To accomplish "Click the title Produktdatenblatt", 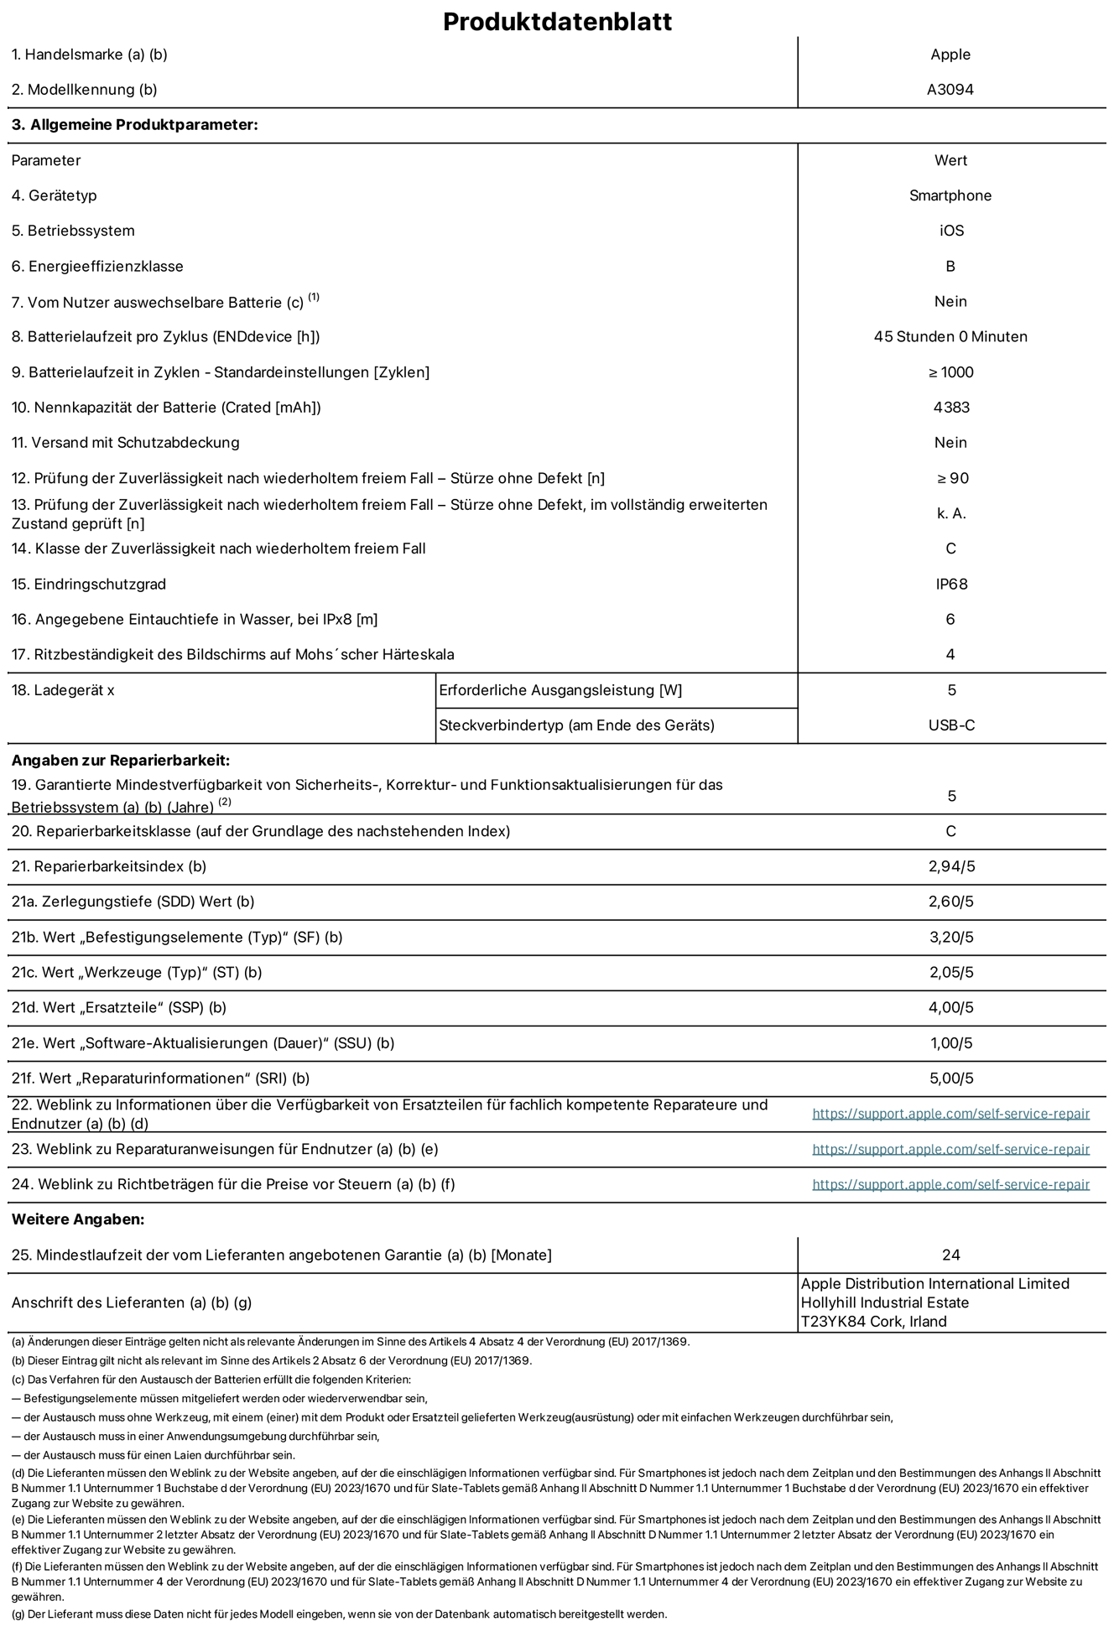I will (557, 21).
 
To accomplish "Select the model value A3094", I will (950, 90).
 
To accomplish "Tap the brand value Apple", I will (950, 55).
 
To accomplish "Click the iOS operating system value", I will (950, 231).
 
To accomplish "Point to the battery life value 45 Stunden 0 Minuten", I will (950, 336).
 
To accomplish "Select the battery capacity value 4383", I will (950, 408).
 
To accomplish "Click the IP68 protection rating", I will (951, 584).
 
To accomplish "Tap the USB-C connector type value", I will (950, 725).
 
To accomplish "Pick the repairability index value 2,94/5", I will (950, 866).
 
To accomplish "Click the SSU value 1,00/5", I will (950, 1043).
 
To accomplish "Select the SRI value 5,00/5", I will (950, 1078).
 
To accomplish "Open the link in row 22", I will (950, 1114).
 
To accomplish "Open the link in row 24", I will (950, 1184).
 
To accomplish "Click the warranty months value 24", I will (950, 1255).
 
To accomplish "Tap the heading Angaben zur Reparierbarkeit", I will (120, 761).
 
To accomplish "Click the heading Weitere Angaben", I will (78, 1219).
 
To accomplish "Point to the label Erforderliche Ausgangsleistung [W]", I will (560, 690).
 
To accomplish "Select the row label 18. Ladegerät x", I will (63, 690).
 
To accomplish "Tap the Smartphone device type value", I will (950, 195).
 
